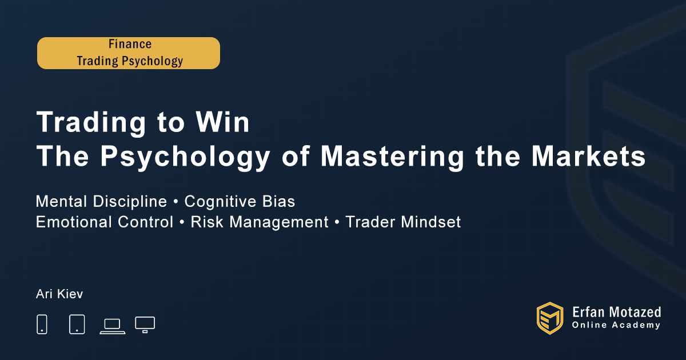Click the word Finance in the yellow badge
coord(130,44)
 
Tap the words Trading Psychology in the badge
coord(130,61)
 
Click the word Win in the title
coord(222,122)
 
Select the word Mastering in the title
coord(392,156)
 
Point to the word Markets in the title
coord(588,156)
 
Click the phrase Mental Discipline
coord(101,201)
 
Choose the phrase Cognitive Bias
coord(240,201)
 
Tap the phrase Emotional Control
coord(105,222)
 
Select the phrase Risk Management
coord(260,222)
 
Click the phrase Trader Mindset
coord(403,222)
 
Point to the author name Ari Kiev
coord(59,294)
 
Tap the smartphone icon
coord(42,324)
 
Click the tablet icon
coord(77,324)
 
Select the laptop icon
coord(113,326)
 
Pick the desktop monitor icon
coord(145,325)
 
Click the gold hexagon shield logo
coord(550,318)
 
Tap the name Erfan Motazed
coord(616,313)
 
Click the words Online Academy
coord(616,325)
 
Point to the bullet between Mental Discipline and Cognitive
coord(176,202)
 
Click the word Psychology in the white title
coord(185,156)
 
